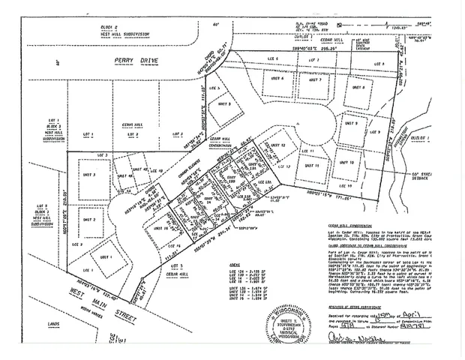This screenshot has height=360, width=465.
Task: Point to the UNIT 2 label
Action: click(88, 219)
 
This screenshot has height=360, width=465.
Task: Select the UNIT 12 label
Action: click(278, 144)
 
